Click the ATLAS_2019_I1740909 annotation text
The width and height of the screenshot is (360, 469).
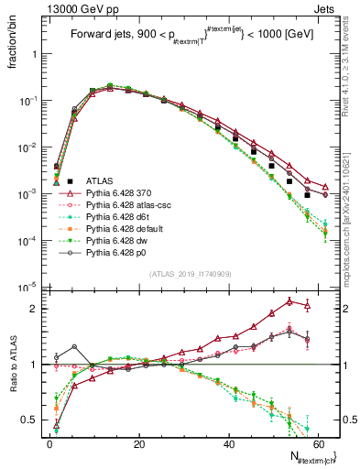coord(189,273)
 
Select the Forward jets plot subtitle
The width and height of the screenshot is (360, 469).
coord(189,38)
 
